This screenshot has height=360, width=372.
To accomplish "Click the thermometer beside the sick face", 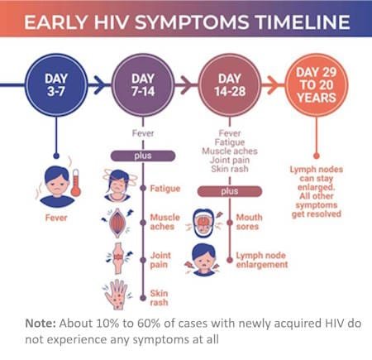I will click(x=76, y=181).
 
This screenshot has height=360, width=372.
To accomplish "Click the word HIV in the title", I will click(x=122, y=21).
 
